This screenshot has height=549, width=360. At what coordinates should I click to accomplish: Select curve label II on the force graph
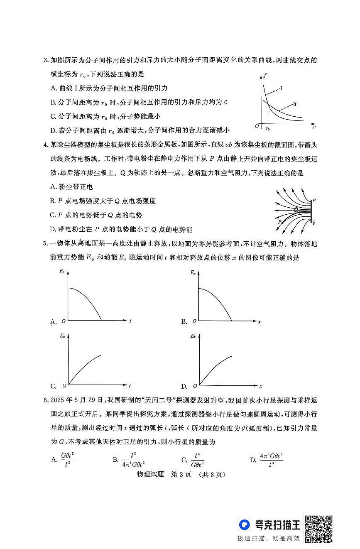point(295,104)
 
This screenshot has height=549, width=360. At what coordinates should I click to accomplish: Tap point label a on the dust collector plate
point(314,200)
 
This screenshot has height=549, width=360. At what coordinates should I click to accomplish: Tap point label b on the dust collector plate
point(314,223)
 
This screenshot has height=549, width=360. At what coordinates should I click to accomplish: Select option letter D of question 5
point(184,386)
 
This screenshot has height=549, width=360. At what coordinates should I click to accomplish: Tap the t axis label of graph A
point(130,321)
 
